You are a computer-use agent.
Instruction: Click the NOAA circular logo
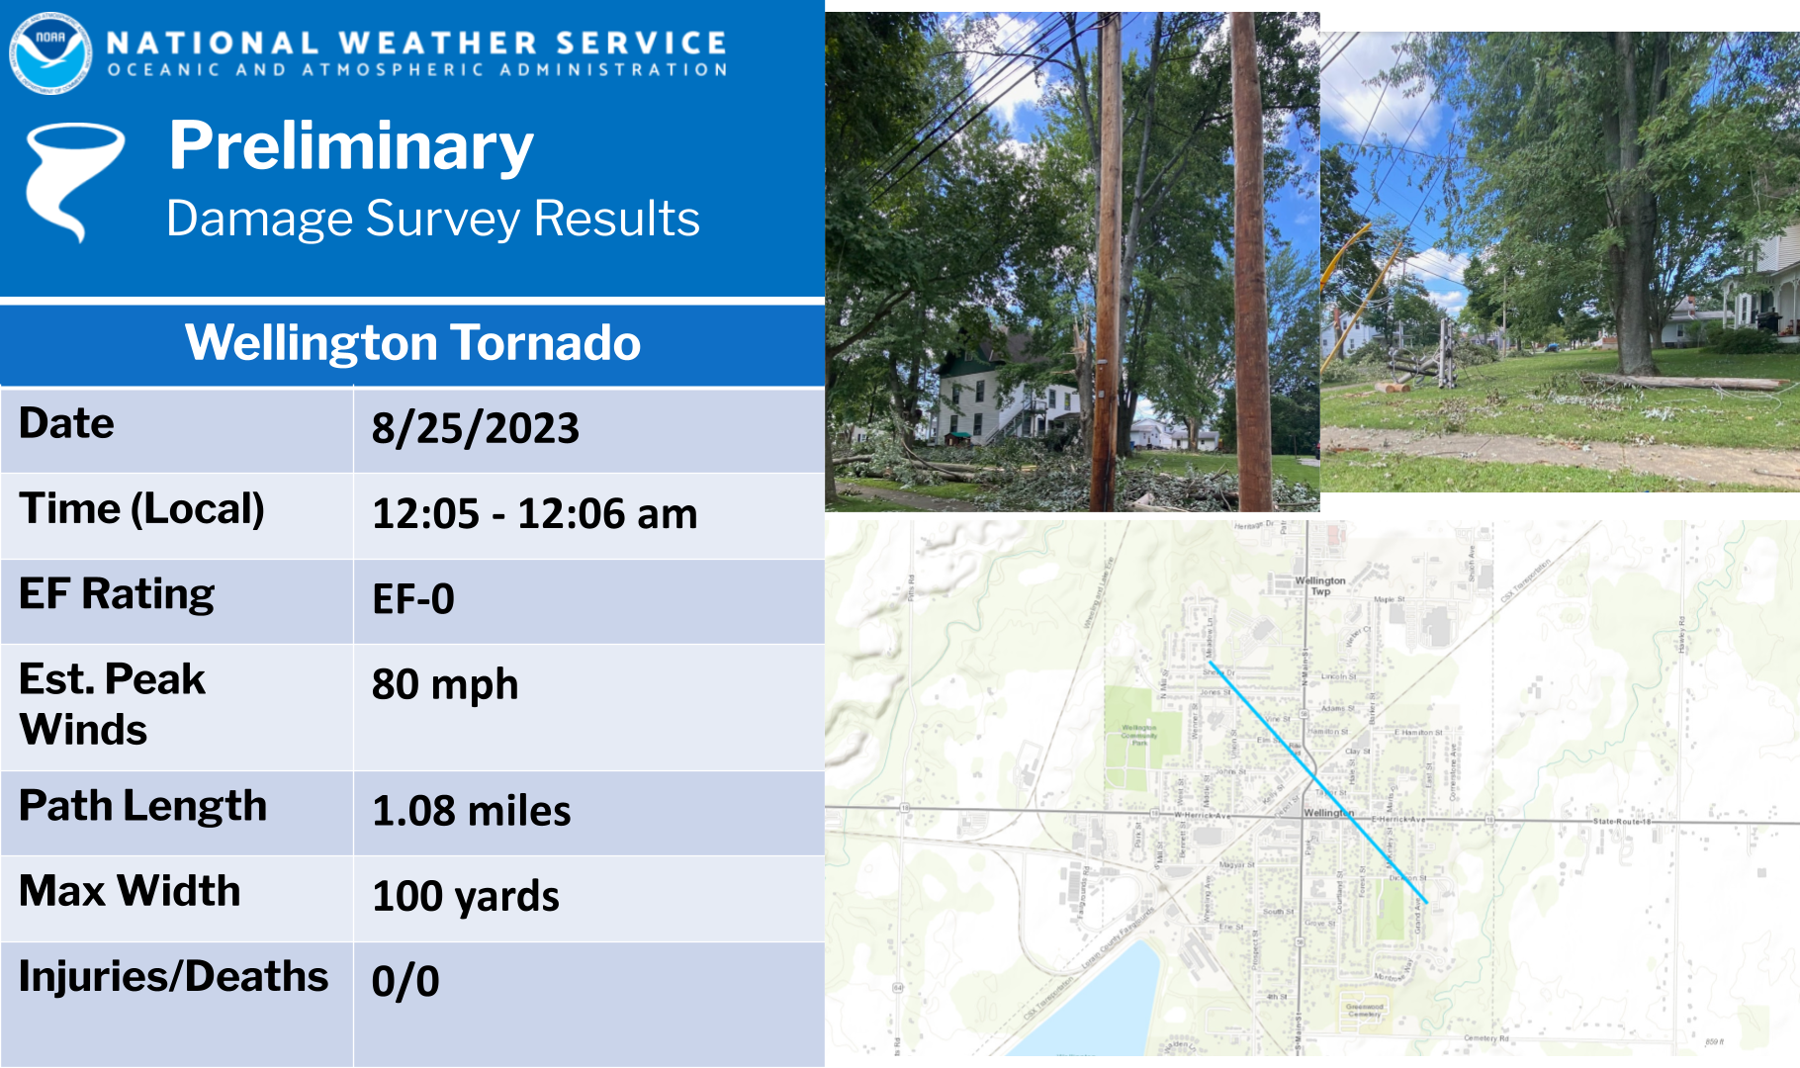pos(50,53)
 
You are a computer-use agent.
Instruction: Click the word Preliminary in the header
pos(351,146)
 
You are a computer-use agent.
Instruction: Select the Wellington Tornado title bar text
pos(412,343)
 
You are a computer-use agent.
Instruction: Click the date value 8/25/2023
pos(475,428)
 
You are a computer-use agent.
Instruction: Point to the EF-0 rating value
pos(412,599)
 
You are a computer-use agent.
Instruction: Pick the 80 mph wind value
pos(444,684)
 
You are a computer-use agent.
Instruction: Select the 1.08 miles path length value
pos(471,811)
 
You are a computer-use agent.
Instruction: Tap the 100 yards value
pos(465,896)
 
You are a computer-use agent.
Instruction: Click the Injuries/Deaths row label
pos(173,976)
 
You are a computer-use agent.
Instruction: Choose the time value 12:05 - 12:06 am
pos(534,514)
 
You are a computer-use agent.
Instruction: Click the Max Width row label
pos(130,891)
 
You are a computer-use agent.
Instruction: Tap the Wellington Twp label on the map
pos(1319,585)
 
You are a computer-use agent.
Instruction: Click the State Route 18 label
pos(1622,821)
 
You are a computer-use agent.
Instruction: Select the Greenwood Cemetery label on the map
pos(1365,1010)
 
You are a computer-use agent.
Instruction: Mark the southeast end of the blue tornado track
pos(1425,902)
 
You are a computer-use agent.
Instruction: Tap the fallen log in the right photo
pos(1681,383)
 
